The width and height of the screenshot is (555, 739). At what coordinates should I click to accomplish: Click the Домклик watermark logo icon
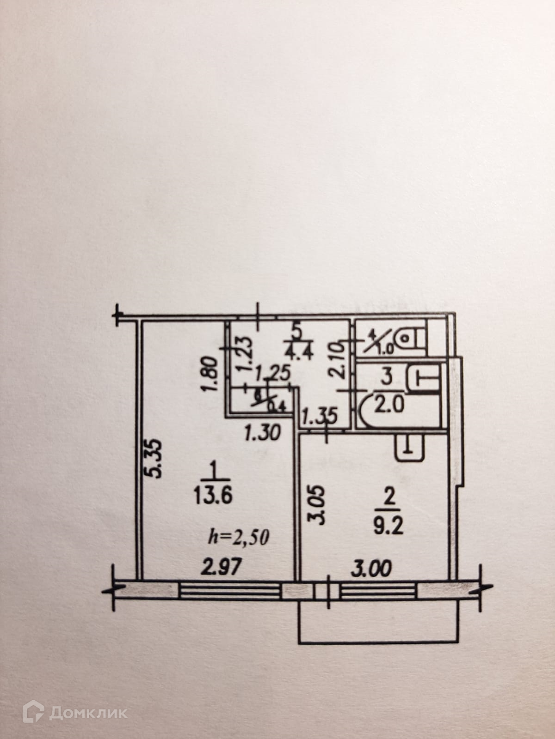tap(33, 712)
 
